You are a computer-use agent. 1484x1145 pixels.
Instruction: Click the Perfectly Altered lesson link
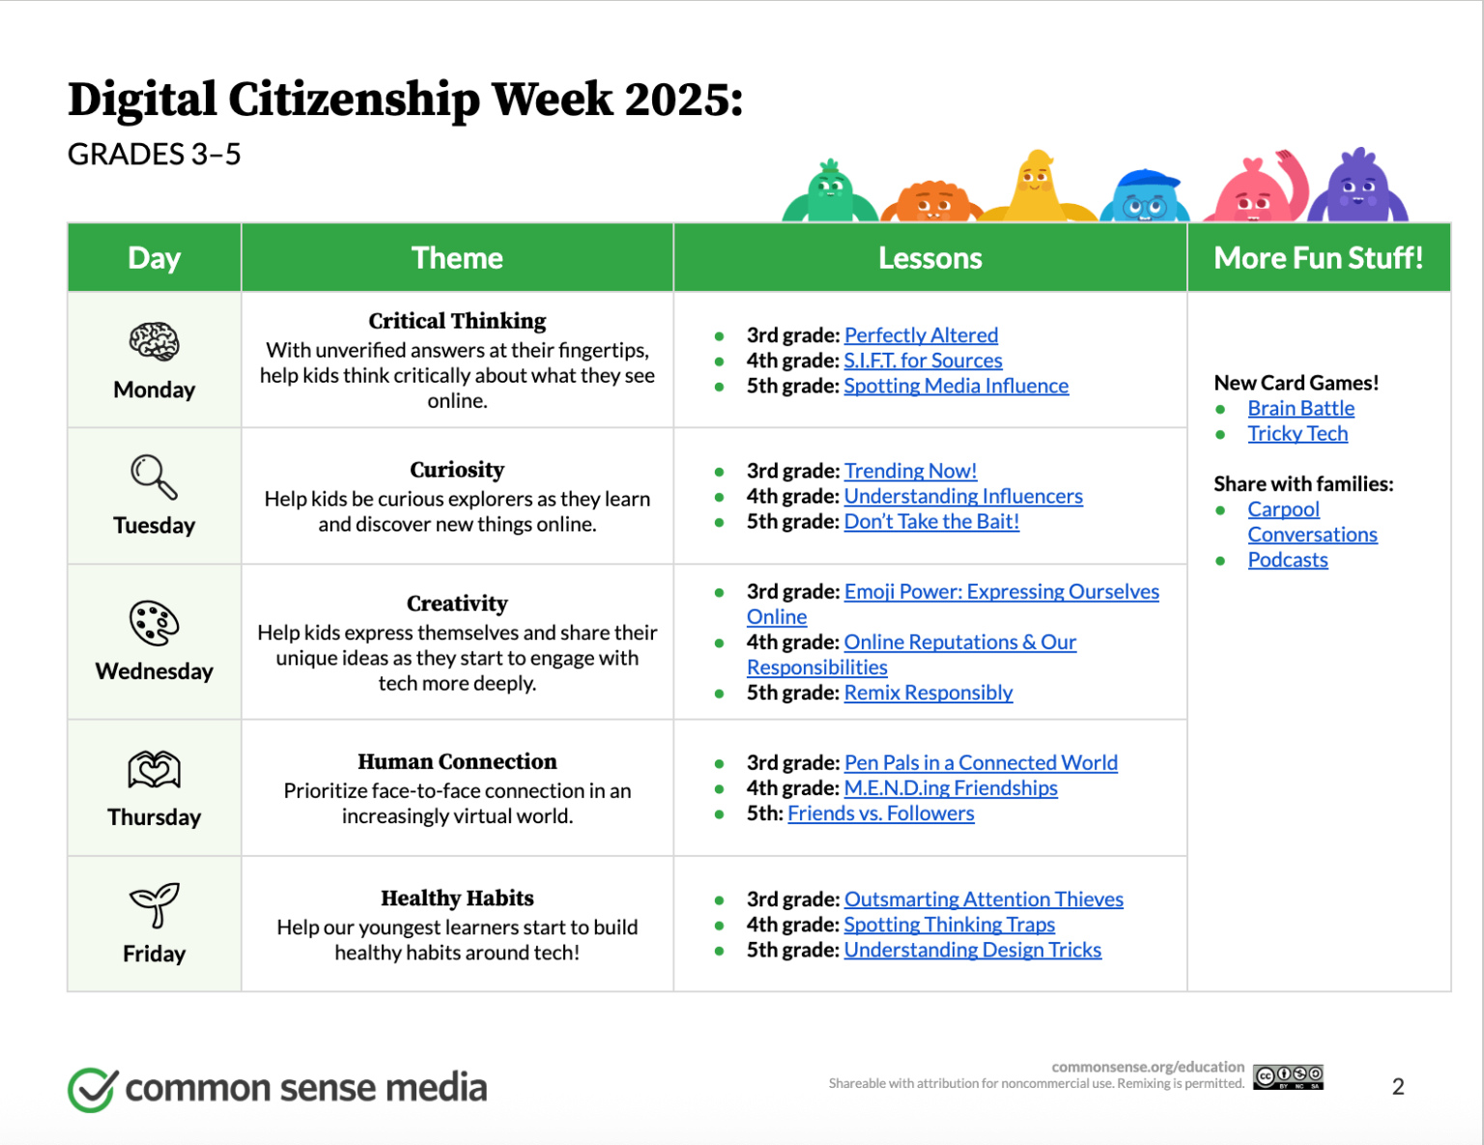tap(921, 335)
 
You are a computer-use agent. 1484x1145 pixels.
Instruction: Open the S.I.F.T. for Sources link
tap(923, 360)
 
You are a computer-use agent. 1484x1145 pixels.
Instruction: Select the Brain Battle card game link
tap(1300, 409)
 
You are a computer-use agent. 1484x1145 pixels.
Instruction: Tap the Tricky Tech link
tap(1297, 434)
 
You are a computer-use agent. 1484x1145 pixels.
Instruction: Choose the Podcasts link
tap(1287, 560)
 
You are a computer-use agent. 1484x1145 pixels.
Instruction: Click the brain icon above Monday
tap(154, 342)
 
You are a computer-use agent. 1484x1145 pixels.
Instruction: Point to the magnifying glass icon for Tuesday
tap(154, 476)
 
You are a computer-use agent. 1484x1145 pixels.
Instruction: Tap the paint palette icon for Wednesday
tap(154, 623)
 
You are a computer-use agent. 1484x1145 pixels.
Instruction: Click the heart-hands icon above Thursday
tap(154, 770)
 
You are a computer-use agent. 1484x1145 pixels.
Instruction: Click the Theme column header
tap(457, 258)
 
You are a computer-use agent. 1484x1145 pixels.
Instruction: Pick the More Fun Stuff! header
tap(1318, 258)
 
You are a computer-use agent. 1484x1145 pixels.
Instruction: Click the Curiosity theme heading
tap(457, 470)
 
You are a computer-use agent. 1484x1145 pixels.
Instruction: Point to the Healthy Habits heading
tap(457, 899)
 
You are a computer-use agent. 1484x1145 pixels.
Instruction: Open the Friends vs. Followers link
tap(880, 814)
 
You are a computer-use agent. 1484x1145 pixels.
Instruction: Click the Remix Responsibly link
tap(927, 693)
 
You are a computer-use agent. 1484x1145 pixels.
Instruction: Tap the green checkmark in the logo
tap(93, 1089)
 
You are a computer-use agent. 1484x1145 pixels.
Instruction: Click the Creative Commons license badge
tap(1288, 1076)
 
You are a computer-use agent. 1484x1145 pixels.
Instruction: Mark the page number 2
tap(1397, 1087)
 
